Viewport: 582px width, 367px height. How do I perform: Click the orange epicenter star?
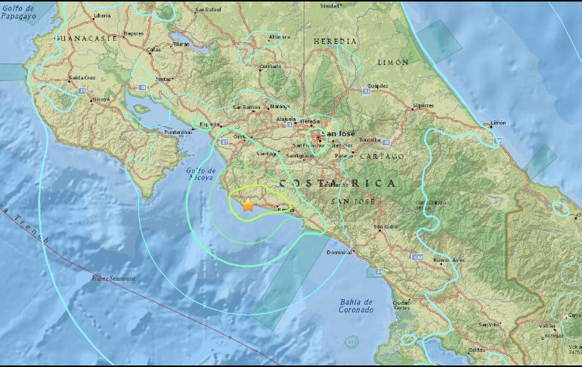coord(247,204)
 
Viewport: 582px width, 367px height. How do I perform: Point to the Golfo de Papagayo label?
coord(20,10)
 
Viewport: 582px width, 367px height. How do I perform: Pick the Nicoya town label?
coord(101,98)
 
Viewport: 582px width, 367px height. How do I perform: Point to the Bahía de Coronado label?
coord(356,306)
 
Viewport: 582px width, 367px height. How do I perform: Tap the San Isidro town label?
coord(386,225)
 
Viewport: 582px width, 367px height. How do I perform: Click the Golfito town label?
coord(476,350)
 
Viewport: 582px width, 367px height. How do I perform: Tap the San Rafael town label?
coord(207,10)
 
